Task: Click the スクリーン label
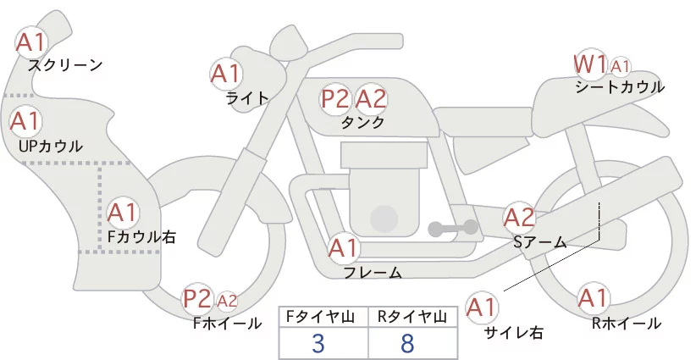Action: click(x=65, y=65)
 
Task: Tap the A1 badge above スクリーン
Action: click(x=33, y=42)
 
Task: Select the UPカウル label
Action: click(x=51, y=147)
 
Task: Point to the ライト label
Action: click(x=247, y=98)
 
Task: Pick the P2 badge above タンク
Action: click(x=335, y=99)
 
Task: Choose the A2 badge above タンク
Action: click(x=371, y=99)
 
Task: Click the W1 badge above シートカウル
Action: click(x=590, y=64)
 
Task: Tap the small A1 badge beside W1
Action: click(x=620, y=66)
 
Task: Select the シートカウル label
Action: click(x=620, y=87)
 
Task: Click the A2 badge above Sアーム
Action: click(x=520, y=218)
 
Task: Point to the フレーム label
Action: click(x=373, y=273)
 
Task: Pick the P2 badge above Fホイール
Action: click(x=198, y=299)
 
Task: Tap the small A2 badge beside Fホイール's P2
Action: click(x=227, y=300)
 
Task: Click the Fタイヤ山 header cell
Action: click(x=323, y=317)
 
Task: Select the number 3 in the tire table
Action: click(x=318, y=343)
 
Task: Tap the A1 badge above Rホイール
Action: click(x=592, y=299)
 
